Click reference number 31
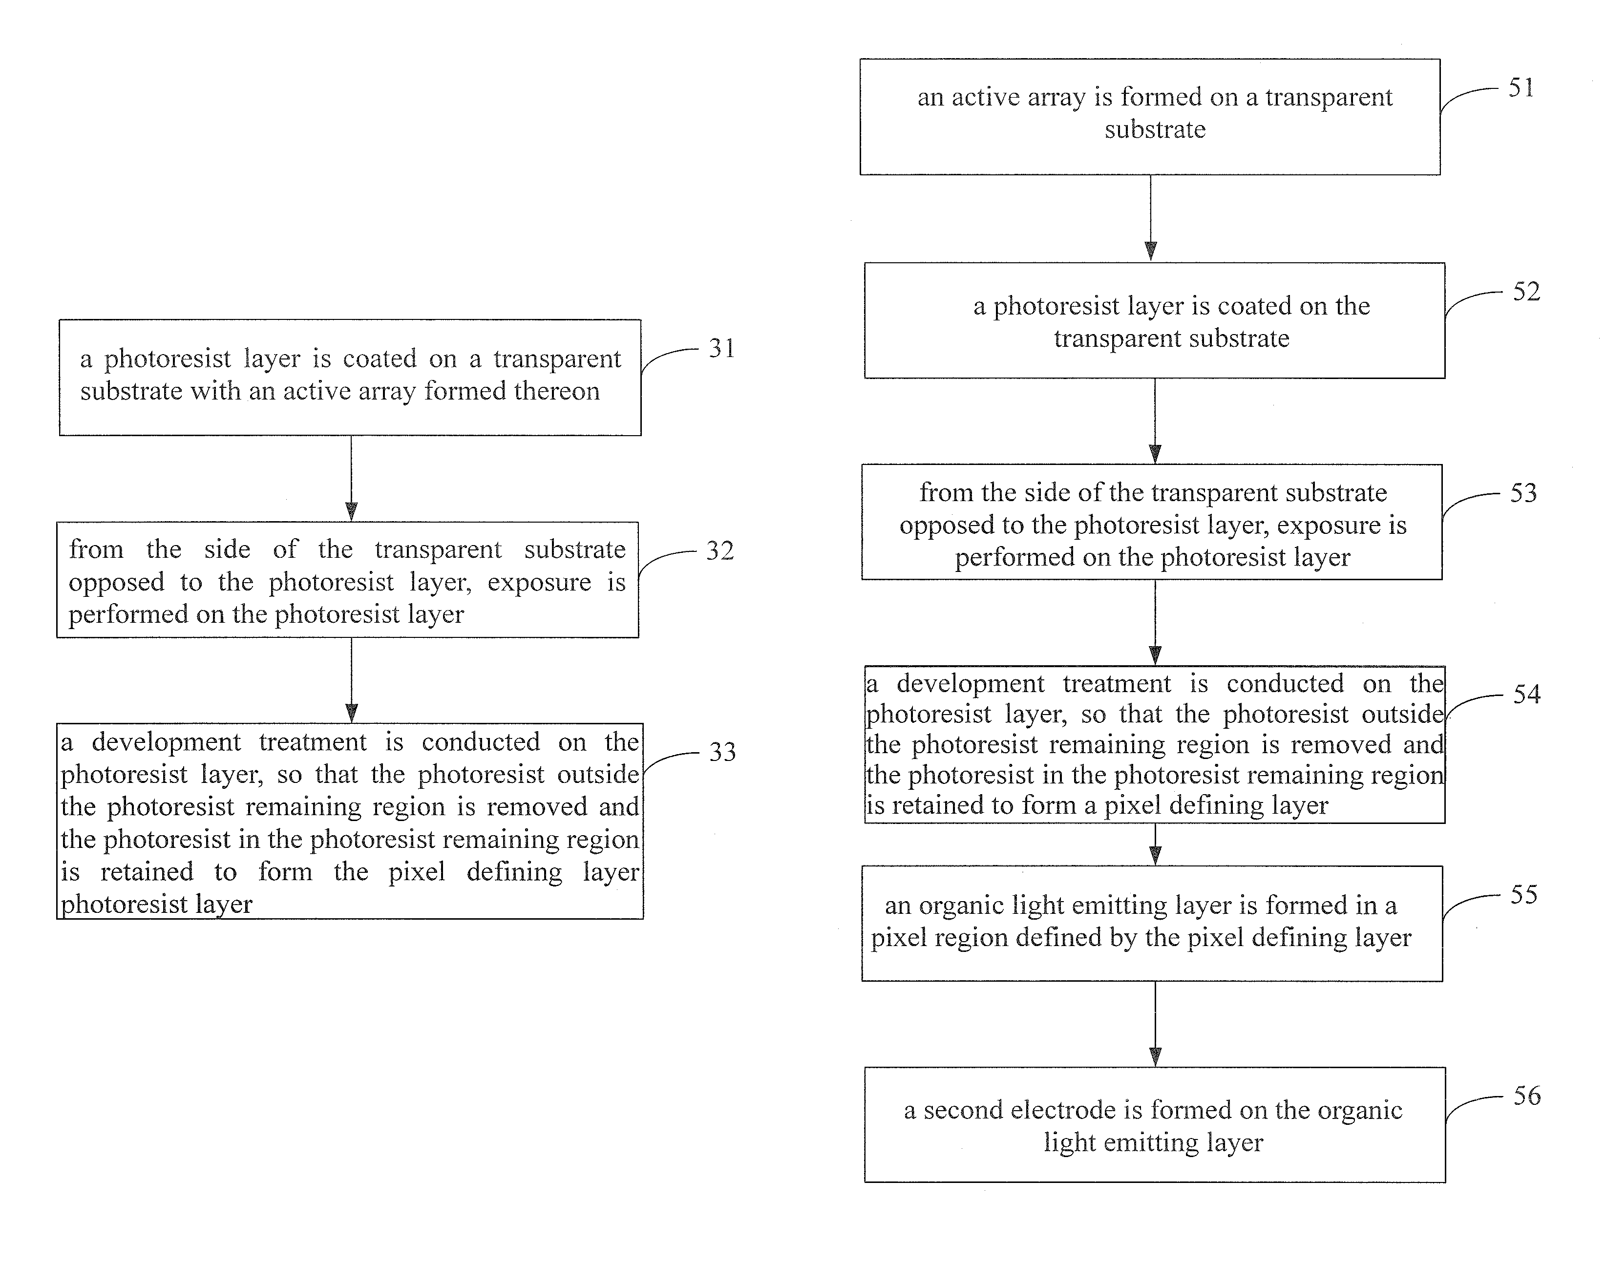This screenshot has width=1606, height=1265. pyautogui.click(x=721, y=348)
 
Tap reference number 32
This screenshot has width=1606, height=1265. pyautogui.click(x=720, y=550)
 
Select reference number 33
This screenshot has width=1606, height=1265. pyautogui.click(x=722, y=752)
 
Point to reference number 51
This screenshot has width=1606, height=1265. pyautogui.click(x=1521, y=88)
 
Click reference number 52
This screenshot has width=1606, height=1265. pyautogui.click(x=1526, y=291)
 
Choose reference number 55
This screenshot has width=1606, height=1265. pyautogui.click(x=1524, y=895)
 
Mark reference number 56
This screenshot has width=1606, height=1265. pyautogui.click(x=1527, y=1096)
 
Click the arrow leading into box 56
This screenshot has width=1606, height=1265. pyautogui.click(x=1155, y=1024)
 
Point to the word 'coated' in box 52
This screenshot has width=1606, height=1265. pyautogui.click(x=1252, y=306)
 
